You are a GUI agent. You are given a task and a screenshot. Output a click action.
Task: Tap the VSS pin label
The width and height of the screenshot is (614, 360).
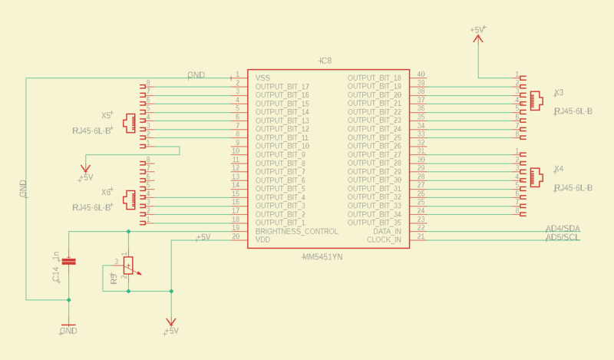(262, 78)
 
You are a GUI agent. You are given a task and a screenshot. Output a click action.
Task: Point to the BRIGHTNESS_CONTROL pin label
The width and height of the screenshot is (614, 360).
(296, 231)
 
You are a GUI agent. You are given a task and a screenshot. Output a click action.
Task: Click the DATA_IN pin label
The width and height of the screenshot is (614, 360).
(387, 231)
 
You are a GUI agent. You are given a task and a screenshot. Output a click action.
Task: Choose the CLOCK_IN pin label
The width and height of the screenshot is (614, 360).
(385, 239)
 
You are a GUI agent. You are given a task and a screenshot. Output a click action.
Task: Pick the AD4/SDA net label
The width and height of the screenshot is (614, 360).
(562, 230)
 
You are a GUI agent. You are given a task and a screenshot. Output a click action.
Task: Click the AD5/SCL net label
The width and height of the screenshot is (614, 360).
(562, 238)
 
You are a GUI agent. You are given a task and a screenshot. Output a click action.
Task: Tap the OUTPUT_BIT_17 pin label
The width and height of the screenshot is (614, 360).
(282, 87)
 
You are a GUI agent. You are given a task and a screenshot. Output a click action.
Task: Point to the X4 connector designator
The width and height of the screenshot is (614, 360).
(559, 168)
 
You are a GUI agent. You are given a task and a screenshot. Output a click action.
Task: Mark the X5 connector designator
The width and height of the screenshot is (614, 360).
(107, 115)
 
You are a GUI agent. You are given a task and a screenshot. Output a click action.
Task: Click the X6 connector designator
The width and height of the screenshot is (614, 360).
(107, 192)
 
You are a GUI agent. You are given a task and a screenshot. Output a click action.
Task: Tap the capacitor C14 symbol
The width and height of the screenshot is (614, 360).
(69, 262)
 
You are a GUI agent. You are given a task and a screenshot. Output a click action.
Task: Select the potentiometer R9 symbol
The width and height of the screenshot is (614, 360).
(128, 266)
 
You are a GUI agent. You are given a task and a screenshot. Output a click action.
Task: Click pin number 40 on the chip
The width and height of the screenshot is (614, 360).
(421, 74)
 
